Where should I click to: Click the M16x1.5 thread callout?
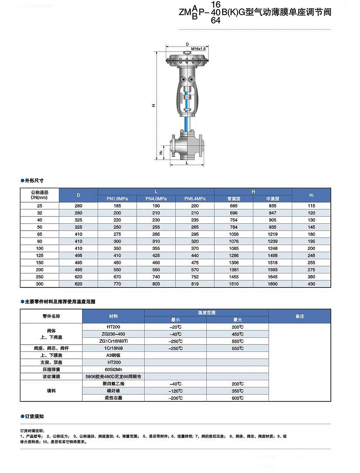coord(198,49)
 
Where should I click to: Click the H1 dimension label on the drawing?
coord(161,152)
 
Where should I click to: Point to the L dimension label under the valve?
coord(187,162)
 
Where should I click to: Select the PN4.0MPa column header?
coord(156,198)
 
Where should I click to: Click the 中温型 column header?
coord(273,198)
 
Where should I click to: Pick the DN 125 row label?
coord(40,256)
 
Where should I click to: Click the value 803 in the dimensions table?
coord(156,284)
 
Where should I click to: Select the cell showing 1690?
coord(273,284)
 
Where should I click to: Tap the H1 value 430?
coord(312,284)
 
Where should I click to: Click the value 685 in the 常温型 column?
coord(234,206)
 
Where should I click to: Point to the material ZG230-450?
coord(113,334)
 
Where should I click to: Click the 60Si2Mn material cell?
coord(113,370)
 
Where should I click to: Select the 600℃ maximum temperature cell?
coord(238,398)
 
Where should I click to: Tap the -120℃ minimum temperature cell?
coord(176,391)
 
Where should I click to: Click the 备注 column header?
coord(299,316)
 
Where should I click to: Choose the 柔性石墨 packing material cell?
coord(113,398)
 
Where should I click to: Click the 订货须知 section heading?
coord(34,416)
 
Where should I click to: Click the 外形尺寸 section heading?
coord(34,181)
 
